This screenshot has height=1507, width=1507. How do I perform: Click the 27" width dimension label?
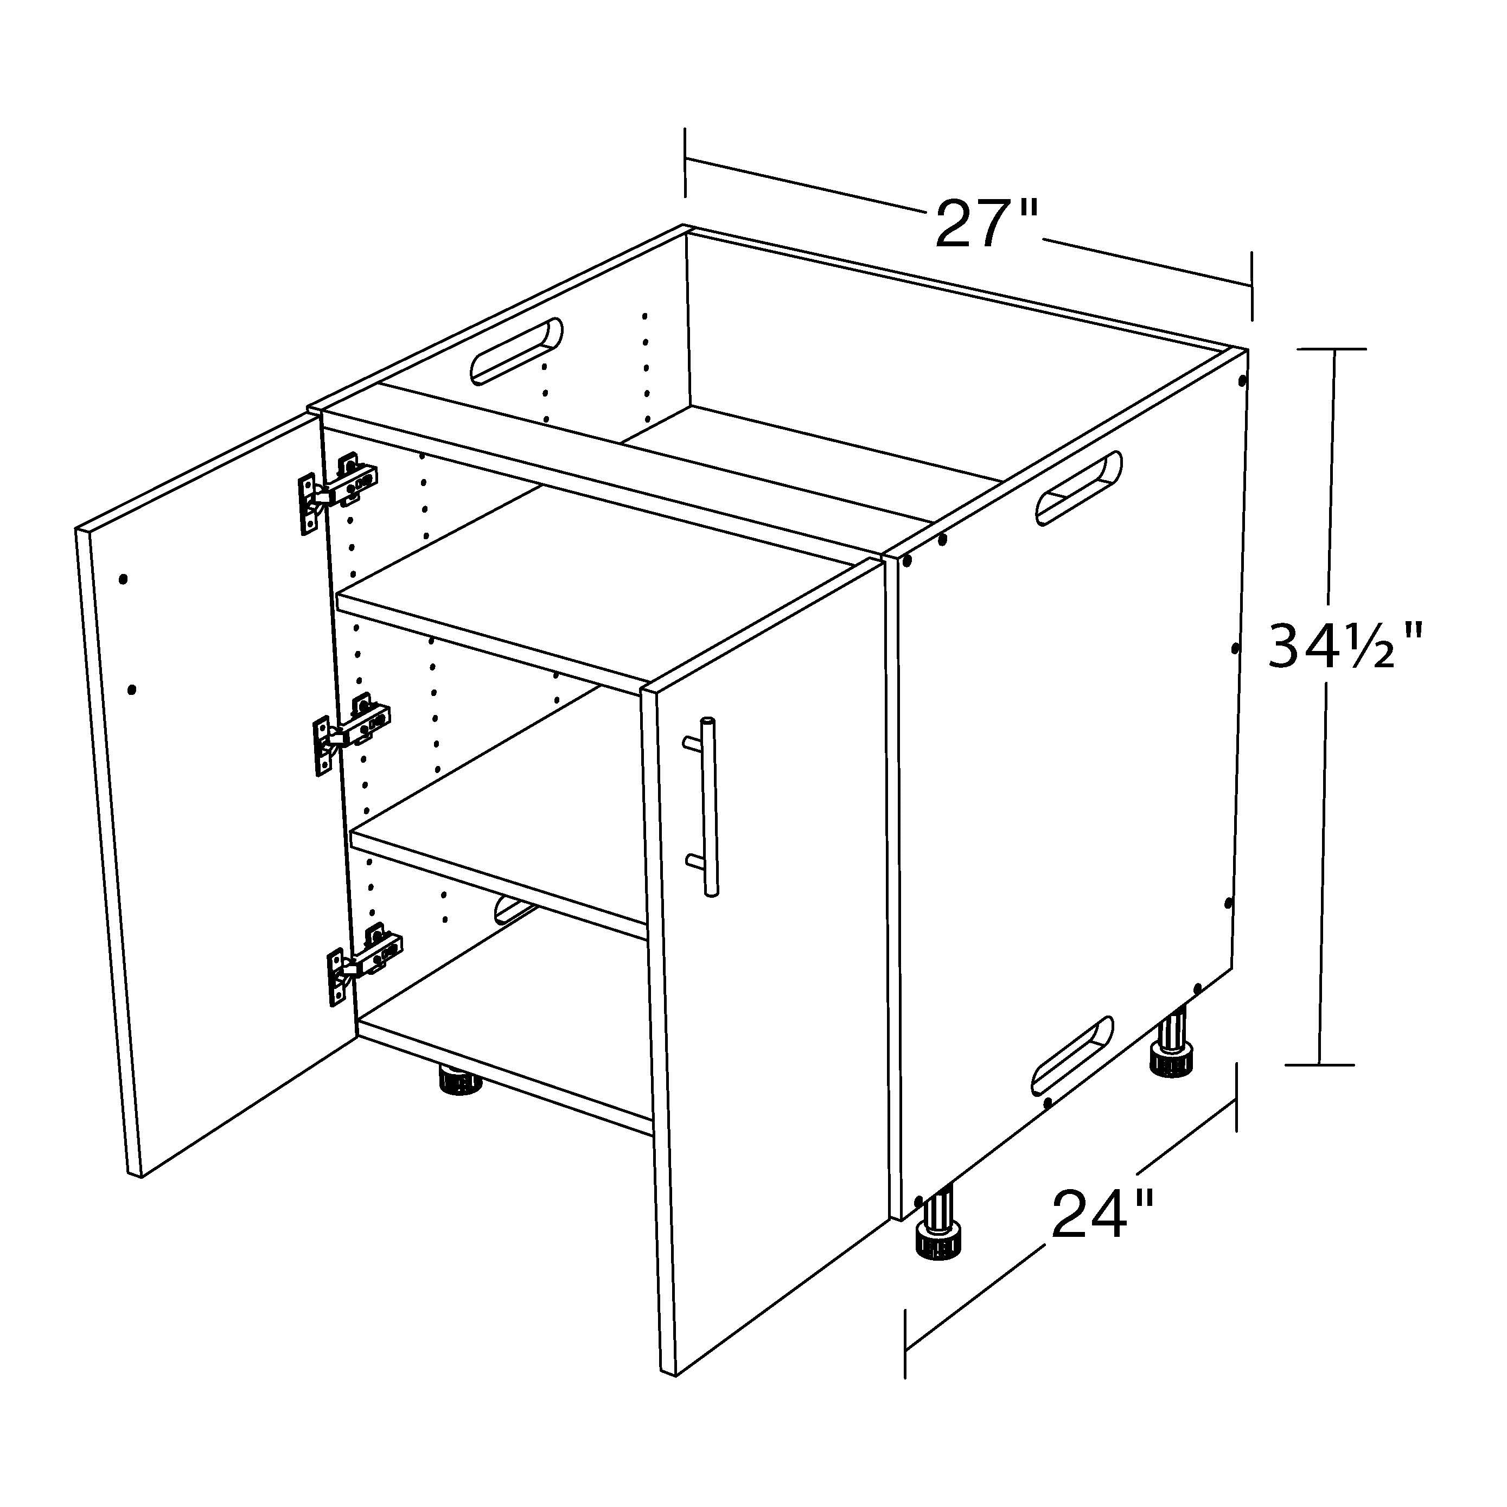click(987, 224)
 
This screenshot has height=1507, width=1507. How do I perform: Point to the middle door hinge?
click(351, 734)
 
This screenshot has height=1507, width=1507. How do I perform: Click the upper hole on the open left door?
click(123, 579)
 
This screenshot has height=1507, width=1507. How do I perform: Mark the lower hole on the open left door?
click(132, 689)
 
